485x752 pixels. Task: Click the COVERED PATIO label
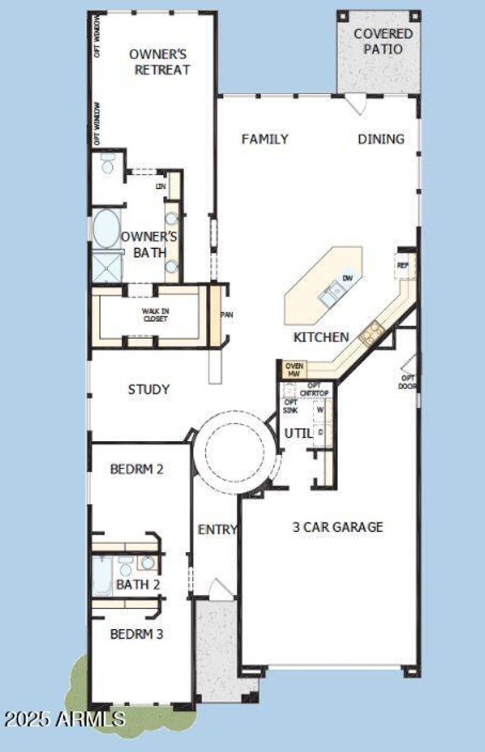tap(383, 41)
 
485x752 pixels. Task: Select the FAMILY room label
tap(265, 139)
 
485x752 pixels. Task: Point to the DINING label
tap(381, 139)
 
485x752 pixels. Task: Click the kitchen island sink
tap(332, 294)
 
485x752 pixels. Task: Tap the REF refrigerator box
tap(403, 265)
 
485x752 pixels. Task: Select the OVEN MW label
tap(294, 370)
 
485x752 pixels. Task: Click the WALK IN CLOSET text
tap(151, 315)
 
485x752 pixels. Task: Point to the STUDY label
tap(149, 390)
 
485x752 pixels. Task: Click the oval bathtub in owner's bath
tap(107, 229)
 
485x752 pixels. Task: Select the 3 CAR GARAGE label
tap(338, 527)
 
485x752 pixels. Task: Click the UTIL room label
tap(298, 433)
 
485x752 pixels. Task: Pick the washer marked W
tap(320, 410)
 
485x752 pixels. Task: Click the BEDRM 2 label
tap(137, 469)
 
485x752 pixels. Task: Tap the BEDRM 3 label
tap(136, 634)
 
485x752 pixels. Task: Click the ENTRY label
tap(218, 530)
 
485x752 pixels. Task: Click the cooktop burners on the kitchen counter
tap(370, 332)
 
